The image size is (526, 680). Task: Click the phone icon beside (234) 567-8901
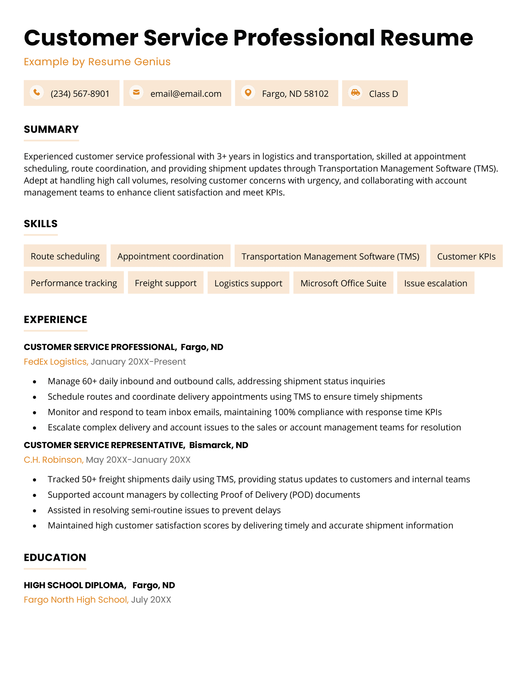click(37, 93)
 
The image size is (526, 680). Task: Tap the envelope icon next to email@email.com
click(136, 93)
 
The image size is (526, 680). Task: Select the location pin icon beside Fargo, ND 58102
click(248, 93)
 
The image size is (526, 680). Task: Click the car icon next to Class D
click(355, 93)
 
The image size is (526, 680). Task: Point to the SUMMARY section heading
click(51, 129)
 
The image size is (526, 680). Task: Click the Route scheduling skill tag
click(65, 256)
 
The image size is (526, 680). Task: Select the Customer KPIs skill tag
click(466, 256)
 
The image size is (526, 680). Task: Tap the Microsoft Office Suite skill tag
click(343, 283)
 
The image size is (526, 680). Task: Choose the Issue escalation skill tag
click(436, 283)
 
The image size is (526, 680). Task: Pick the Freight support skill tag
click(166, 283)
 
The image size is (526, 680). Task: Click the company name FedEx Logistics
click(56, 362)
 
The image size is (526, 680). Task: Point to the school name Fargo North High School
click(76, 600)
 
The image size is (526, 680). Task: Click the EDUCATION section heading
click(55, 557)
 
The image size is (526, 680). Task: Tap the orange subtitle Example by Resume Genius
click(97, 62)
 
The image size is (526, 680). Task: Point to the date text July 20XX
click(151, 600)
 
